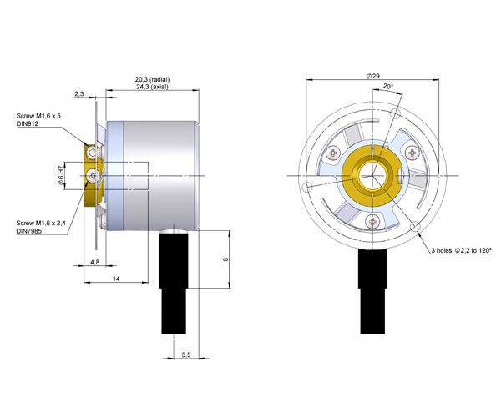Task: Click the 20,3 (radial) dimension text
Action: click(x=152, y=79)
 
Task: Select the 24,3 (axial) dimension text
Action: click(x=152, y=87)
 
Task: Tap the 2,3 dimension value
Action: click(x=79, y=94)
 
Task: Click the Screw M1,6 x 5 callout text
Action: click(x=38, y=116)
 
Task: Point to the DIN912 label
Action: click(x=28, y=123)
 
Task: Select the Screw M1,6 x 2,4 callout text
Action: click(x=41, y=223)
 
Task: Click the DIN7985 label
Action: click(x=29, y=231)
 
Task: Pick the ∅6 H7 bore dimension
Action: click(x=61, y=176)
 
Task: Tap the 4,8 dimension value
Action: click(x=95, y=262)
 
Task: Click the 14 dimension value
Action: click(x=116, y=279)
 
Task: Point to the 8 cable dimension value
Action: click(x=225, y=259)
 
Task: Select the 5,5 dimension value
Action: click(x=186, y=354)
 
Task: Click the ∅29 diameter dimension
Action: click(x=373, y=76)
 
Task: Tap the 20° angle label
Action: click(x=388, y=86)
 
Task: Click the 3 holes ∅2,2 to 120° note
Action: click(x=462, y=250)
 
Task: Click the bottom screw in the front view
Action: click(x=372, y=220)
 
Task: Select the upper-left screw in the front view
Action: click(x=334, y=153)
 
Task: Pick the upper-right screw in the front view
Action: click(x=412, y=153)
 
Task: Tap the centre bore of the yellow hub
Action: click(x=372, y=176)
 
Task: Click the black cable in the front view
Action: click(x=372, y=291)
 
